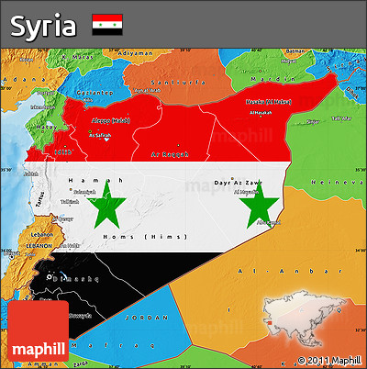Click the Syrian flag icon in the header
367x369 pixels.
pyautogui.click(x=107, y=25)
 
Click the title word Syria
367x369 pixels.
pyautogui.click(x=43, y=26)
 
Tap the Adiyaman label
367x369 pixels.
pyautogui.click(x=136, y=52)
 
